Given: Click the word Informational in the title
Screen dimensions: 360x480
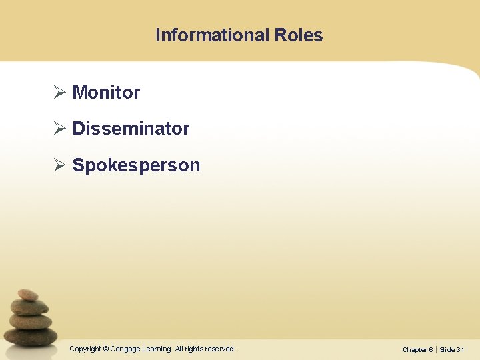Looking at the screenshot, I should coord(211,35).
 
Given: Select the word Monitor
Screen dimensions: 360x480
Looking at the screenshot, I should coord(106,93).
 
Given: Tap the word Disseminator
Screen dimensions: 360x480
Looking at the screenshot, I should coord(131,129).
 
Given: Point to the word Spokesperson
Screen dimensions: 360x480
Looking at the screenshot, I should coord(136,165).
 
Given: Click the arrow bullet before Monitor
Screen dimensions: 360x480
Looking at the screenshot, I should coord(59,93).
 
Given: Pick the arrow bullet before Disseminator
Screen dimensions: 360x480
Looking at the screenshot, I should coord(59,129).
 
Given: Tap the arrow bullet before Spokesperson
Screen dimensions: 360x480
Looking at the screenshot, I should coord(59,165).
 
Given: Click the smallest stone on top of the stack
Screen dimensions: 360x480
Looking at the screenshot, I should coord(28,294).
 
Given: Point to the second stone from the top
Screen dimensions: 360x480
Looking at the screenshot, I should coord(30,307).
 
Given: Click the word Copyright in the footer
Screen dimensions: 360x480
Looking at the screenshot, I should coord(85,349).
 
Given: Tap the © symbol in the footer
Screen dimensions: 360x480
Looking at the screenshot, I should coord(106,349).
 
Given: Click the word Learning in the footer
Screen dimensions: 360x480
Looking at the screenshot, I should coord(156,349).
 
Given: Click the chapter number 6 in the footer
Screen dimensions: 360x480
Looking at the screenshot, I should coord(431,349).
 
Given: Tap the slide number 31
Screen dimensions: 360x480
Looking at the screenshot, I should coord(460,349).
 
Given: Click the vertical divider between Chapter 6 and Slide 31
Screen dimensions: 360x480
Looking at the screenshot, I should coord(436,349).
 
